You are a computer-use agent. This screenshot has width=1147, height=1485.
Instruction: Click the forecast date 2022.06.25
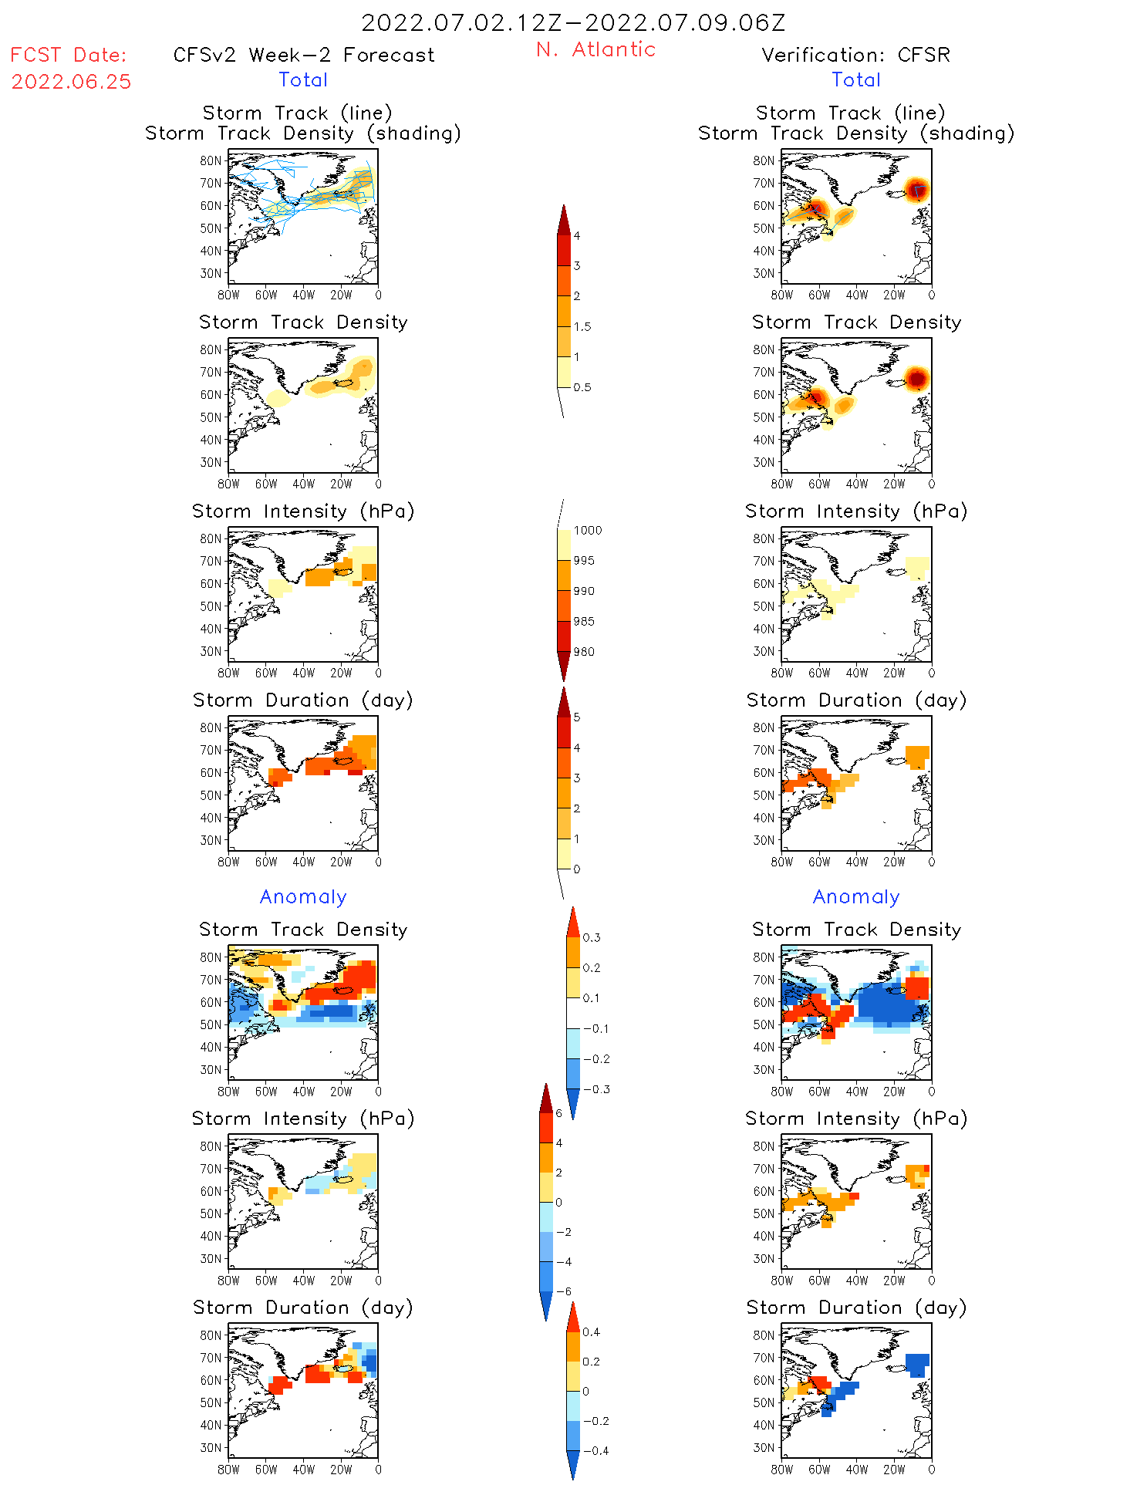pyautogui.click(x=71, y=82)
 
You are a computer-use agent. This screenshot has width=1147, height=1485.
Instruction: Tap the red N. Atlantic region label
pyautogui.click(x=595, y=49)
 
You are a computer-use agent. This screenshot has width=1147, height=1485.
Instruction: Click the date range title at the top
pyautogui.click(x=573, y=22)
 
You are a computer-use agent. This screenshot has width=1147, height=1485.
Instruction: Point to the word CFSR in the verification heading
pyautogui.click(x=923, y=55)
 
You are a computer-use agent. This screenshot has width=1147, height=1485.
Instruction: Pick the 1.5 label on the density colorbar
pyautogui.click(x=582, y=326)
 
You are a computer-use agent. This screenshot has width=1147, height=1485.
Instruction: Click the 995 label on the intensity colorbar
pyautogui.click(x=584, y=561)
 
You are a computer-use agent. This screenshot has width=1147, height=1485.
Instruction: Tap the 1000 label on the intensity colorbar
pyautogui.click(x=587, y=530)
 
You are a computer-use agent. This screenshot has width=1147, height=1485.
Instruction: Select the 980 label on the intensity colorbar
pyautogui.click(x=584, y=652)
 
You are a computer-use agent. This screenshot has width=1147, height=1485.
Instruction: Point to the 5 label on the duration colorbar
pyautogui.click(x=577, y=717)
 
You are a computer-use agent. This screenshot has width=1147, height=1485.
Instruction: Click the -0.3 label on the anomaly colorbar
pyautogui.click(x=595, y=1089)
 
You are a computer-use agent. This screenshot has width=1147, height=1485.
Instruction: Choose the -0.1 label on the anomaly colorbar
pyautogui.click(x=595, y=1028)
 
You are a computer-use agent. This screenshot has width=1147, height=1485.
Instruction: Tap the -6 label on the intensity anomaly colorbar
pyautogui.click(x=564, y=1291)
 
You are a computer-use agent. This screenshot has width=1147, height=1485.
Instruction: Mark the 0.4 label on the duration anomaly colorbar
pyautogui.click(x=591, y=1331)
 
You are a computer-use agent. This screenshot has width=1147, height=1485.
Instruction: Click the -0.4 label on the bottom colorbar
pyautogui.click(x=595, y=1450)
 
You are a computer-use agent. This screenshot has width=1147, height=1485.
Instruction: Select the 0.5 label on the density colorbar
pyautogui.click(x=582, y=387)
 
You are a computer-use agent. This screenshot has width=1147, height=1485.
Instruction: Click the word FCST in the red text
pyautogui.click(x=35, y=55)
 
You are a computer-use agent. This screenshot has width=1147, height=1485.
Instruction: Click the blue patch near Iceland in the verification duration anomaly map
pyautogui.click(x=916, y=1365)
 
